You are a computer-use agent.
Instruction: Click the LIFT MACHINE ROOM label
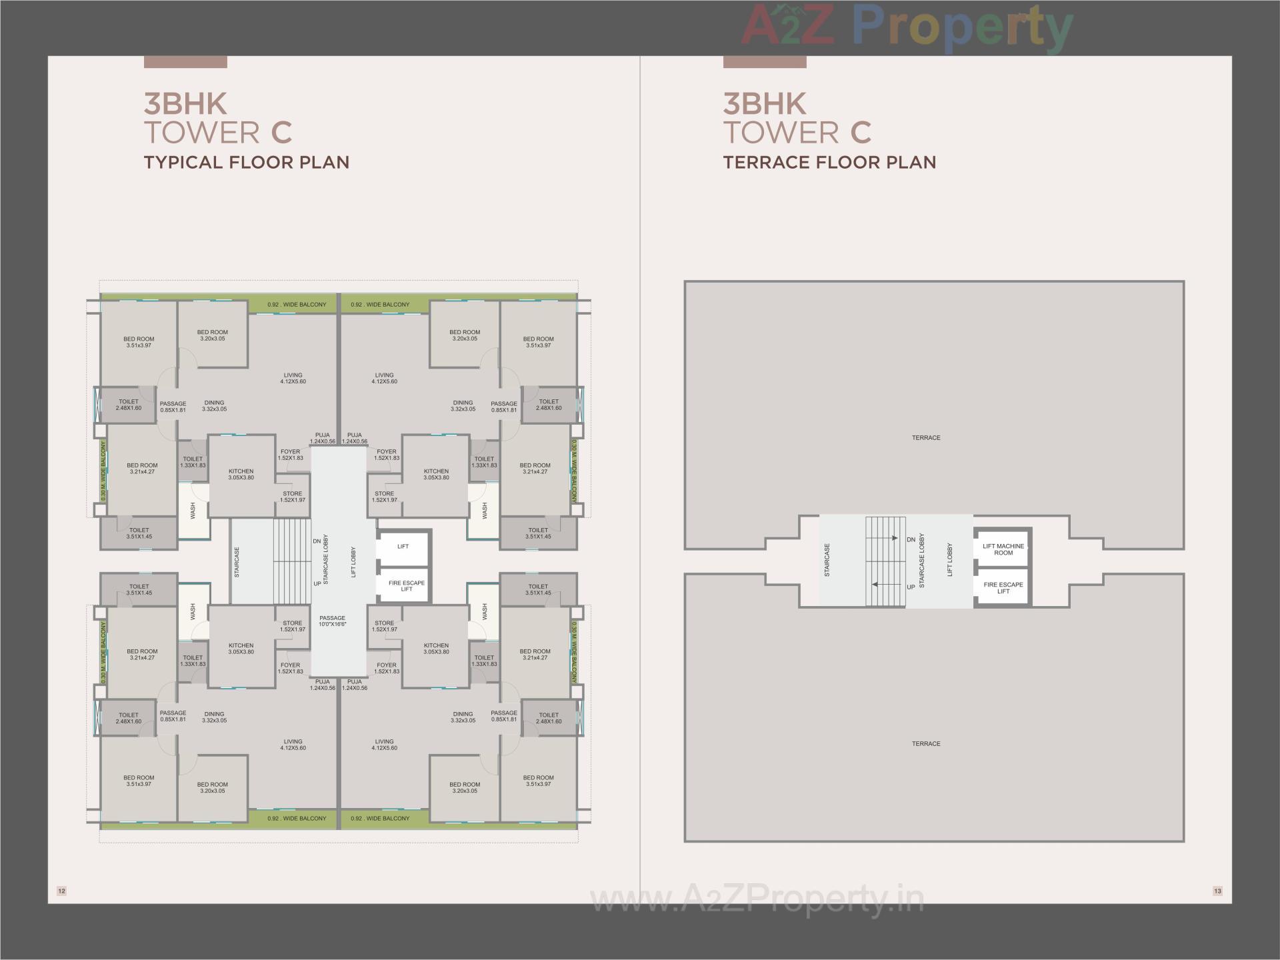[x=1003, y=549]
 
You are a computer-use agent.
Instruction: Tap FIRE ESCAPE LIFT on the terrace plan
[x=1003, y=588]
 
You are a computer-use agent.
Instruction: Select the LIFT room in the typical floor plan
[x=403, y=547]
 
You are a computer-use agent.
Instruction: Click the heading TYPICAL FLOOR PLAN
[x=247, y=163]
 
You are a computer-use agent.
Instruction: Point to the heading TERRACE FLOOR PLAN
[x=829, y=163]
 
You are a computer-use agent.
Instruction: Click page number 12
[x=62, y=891]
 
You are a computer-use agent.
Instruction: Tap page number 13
[x=1217, y=891]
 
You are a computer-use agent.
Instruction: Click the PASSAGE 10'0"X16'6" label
[x=332, y=621]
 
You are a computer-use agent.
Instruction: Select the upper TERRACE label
[x=926, y=438]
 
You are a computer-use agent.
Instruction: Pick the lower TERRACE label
[x=926, y=744]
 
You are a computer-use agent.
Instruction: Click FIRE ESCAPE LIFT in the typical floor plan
[x=407, y=586]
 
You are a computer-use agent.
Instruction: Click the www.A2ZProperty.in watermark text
[x=757, y=900]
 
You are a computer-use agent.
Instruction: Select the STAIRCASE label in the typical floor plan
[x=237, y=562]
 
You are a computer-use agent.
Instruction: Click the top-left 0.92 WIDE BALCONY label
[x=297, y=305]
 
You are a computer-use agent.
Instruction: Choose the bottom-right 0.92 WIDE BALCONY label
[x=380, y=818]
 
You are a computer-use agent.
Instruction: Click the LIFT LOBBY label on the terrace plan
[x=950, y=560]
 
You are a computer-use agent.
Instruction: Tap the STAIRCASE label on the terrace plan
[x=827, y=560]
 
